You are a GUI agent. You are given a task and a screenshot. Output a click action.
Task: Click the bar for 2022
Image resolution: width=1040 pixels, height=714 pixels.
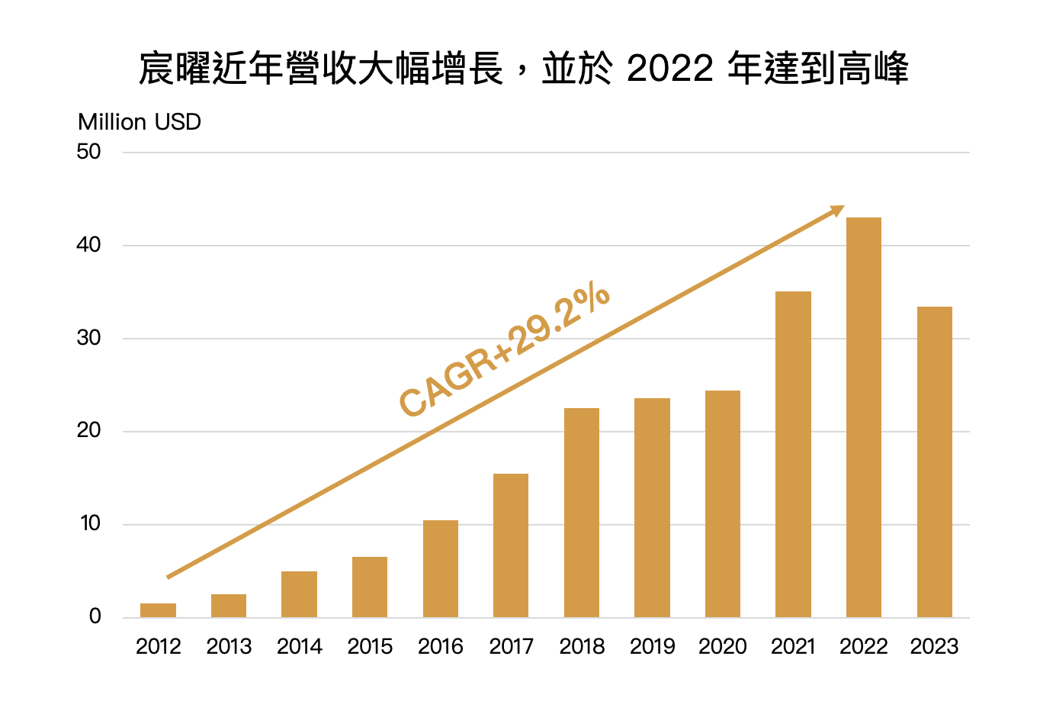(863, 417)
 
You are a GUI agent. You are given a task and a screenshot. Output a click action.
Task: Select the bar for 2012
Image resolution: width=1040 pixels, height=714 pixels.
(158, 610)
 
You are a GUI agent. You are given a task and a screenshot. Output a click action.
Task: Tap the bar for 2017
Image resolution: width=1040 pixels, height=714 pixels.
(511, 545)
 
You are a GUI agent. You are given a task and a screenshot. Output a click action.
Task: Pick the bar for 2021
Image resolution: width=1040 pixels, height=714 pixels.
(793, 454)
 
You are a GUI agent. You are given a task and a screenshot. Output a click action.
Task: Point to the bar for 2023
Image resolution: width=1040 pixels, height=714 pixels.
(934, 462)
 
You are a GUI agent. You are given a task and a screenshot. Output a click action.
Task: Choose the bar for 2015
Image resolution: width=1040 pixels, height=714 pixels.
(370, 587)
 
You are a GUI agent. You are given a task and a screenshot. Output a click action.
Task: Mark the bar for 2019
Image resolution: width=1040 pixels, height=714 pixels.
(652, 507)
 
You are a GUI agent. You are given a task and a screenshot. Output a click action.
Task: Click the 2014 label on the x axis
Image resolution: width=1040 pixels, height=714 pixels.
(300, 647)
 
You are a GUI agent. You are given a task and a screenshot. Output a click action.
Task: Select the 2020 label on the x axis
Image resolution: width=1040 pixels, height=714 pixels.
(723, 647)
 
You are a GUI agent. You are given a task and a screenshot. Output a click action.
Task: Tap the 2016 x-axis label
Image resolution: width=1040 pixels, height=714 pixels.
(441, 647)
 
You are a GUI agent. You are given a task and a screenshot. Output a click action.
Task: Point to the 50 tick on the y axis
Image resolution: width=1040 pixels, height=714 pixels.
(88, 152)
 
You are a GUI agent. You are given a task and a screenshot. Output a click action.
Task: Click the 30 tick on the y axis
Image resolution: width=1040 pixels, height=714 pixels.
(88, 338)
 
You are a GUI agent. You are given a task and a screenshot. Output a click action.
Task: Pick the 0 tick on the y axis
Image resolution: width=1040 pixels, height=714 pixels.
(95, 616)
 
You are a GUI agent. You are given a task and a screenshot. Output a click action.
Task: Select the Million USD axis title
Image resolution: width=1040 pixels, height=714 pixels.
(140, 122)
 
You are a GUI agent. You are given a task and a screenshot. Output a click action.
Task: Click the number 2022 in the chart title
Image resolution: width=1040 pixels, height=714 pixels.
(669, 69)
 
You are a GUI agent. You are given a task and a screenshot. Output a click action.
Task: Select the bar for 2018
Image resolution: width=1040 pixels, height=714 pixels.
(582, 513)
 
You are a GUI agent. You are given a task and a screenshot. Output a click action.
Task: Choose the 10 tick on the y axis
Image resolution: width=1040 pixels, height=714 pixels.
(89, 523)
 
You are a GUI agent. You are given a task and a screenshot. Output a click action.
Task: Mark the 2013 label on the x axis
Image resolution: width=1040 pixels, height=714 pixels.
(229, 647)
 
